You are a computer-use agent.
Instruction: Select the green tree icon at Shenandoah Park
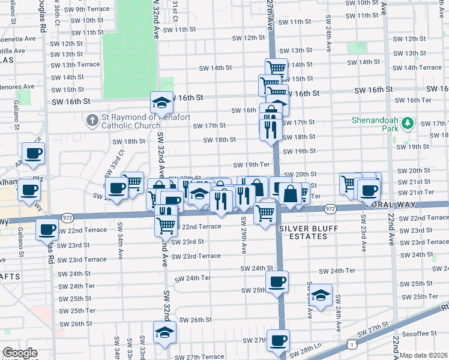pos(408,123)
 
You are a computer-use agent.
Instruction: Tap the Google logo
pos(20,353)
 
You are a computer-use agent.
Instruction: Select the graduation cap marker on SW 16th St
pos(161,104)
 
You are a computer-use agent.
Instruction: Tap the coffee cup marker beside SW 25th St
pos(277,282)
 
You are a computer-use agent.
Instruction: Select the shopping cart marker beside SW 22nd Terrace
pos(166,226)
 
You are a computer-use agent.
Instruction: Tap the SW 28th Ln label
pos(309,347)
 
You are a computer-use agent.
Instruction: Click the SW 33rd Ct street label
pos(121,160)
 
